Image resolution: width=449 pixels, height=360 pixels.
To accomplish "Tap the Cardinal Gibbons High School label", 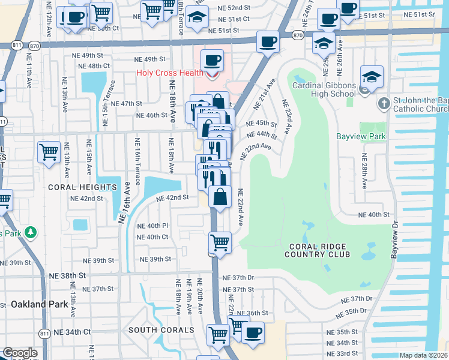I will click(324, 89).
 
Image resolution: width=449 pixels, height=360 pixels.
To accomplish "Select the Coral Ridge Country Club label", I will click(318, 250).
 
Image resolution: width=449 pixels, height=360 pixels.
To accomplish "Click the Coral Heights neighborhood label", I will click(82, 187).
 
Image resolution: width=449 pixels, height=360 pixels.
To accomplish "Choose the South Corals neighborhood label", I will click(161, 329).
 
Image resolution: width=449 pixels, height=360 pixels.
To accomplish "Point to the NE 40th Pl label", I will click(152, 226).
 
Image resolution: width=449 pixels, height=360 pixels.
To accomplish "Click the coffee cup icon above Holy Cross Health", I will click(212, 61).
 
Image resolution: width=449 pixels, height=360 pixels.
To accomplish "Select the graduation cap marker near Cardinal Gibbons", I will click(372, 77).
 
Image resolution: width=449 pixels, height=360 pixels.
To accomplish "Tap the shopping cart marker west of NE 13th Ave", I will click(49, 152).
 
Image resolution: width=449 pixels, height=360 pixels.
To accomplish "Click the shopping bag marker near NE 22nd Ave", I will click(220, 197).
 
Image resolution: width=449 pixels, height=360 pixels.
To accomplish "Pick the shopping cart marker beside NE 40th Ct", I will click(220, 243).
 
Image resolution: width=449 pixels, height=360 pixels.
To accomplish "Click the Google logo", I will click(20, 353).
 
